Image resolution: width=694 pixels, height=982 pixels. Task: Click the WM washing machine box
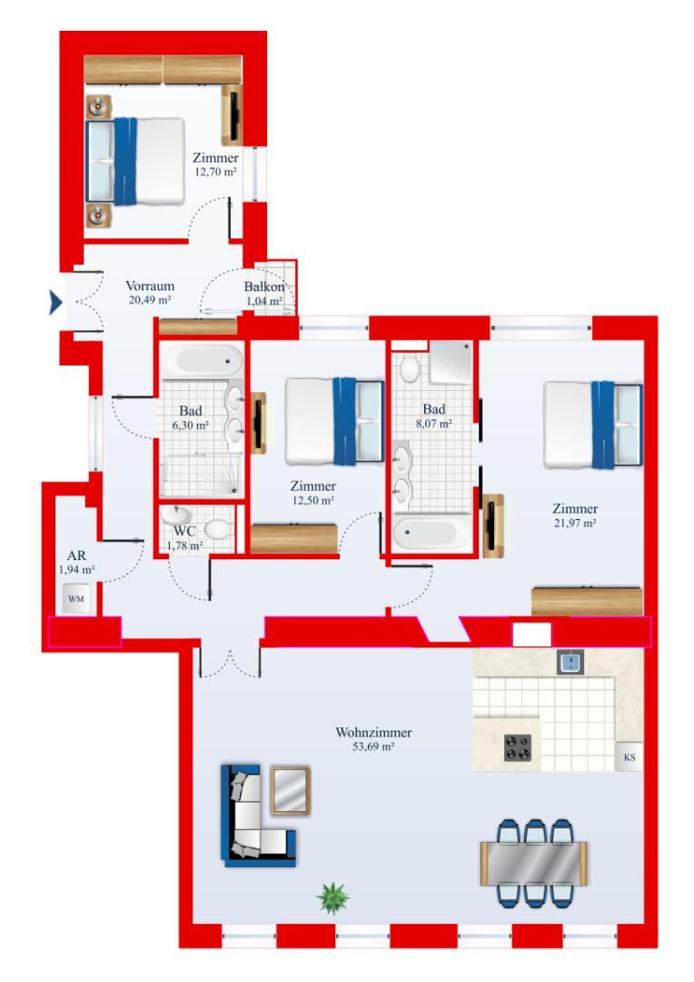coord(75,598)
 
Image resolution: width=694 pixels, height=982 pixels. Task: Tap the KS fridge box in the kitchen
coord(629,757)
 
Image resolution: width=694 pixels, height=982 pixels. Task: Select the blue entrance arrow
coord(55,303)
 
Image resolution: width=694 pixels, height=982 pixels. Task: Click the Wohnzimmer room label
coord(373,732)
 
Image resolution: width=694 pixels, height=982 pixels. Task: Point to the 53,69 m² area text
coord(373,747)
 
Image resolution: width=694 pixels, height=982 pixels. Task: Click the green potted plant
coord(332,898)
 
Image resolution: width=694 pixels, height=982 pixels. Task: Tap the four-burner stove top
coord(518,747)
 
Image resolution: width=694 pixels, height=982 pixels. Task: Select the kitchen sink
coord(570,662)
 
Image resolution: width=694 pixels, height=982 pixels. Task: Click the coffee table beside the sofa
coord(291,790)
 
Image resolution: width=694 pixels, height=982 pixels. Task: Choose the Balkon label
coord(264,286)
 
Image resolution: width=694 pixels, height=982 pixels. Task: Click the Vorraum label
coord(150,286)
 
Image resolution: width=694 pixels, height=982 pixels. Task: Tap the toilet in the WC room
coord(217,530)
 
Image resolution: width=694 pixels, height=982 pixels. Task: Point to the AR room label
coord(76,556)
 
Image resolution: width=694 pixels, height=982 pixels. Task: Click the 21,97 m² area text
coord(574,523)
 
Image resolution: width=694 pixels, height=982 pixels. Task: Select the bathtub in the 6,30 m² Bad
coord(202,361)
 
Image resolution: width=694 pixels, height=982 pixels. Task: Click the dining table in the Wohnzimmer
coord(534,863)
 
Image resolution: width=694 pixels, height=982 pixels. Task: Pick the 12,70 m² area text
coord(216,172)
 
